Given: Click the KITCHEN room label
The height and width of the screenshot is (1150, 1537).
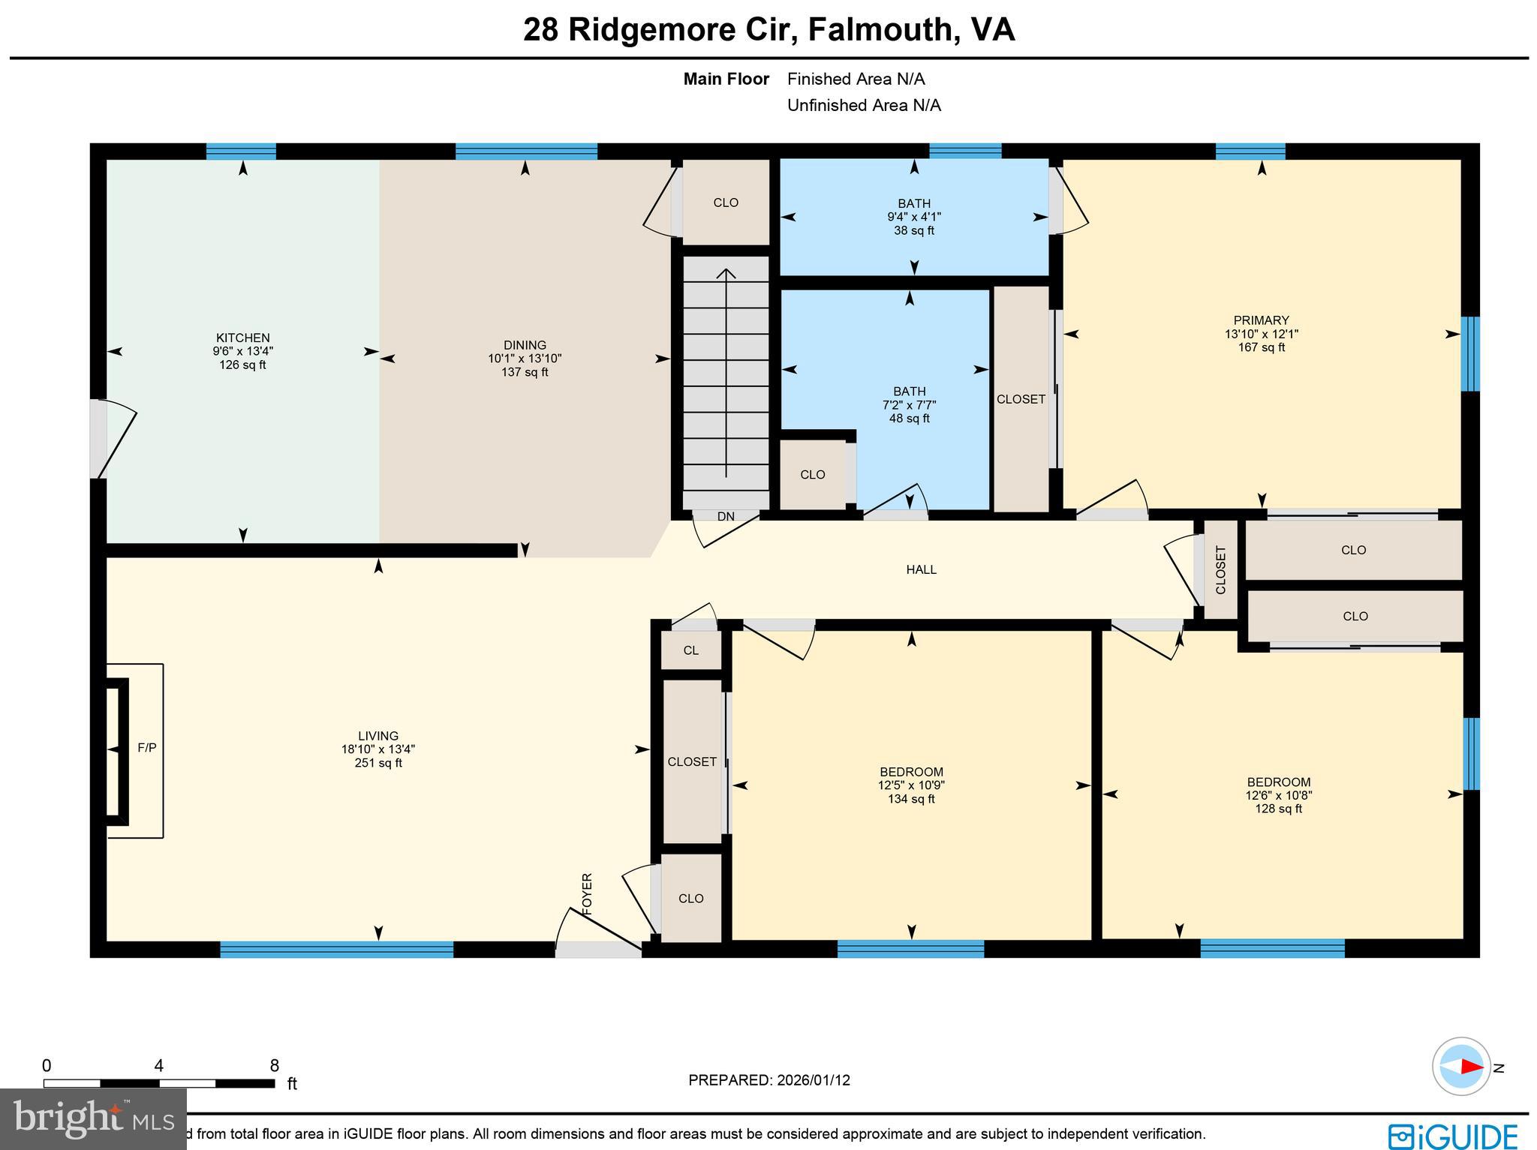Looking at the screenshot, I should coord(242,338).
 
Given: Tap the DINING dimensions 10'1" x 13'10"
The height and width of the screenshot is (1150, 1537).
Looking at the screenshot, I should coord(525,359).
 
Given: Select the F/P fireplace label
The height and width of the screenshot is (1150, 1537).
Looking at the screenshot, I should coord(146,748).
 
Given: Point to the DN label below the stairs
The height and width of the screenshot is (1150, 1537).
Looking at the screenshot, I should coord(726,517).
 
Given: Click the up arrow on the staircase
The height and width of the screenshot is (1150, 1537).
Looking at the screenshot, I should coord(726,274).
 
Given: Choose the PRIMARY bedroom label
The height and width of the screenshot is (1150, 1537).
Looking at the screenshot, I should coord(1261,320).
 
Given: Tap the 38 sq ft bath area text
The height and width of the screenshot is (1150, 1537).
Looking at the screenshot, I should coord(913,231).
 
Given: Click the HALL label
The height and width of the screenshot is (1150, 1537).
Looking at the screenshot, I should coord(921,570).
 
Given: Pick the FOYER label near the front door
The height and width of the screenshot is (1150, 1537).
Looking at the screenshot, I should coord(588,893).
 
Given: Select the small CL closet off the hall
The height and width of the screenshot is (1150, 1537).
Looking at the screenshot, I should coord(690,650).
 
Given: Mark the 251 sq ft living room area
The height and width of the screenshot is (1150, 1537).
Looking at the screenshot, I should coord(378,764).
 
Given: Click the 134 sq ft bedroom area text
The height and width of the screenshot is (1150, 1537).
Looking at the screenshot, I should coord(911,800).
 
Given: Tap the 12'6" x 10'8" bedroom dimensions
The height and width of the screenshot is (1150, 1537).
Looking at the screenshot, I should coord(1279,796).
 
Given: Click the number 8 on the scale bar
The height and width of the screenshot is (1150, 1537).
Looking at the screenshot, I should coord(274,1066).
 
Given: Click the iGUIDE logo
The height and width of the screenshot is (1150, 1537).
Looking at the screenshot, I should coord(1453,1136).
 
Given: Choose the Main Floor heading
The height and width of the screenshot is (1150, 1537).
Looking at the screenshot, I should coord(726,80).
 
